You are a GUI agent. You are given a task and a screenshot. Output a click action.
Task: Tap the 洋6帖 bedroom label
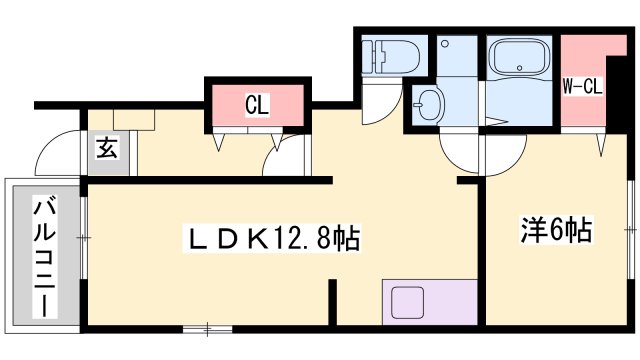556,232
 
